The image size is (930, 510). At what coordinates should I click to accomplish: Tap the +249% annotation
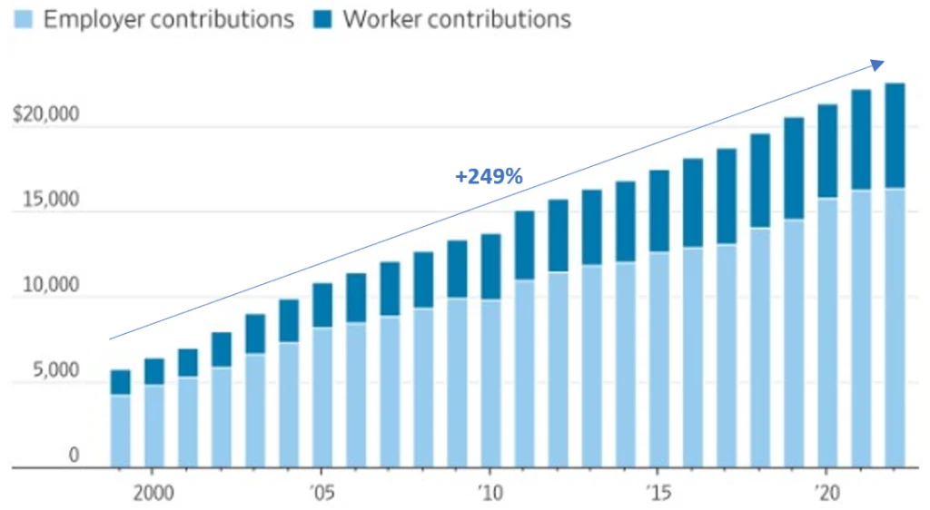coord(489,177)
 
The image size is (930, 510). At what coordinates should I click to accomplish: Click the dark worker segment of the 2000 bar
coord(153,371)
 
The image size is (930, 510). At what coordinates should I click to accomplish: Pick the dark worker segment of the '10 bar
coord(490,267)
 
